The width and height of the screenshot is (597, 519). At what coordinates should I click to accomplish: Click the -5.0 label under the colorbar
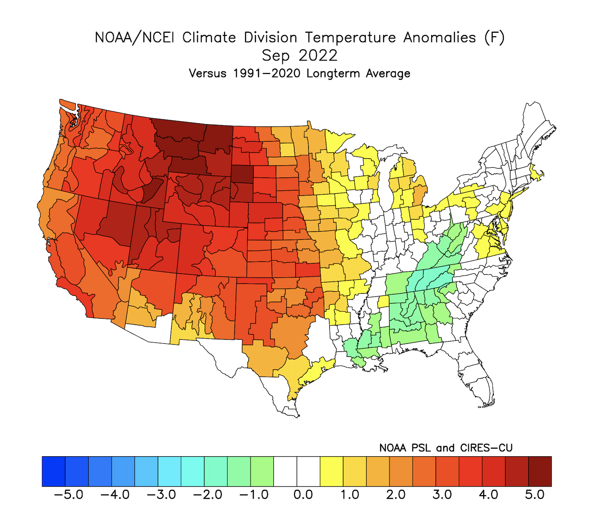click(x=69, y=495)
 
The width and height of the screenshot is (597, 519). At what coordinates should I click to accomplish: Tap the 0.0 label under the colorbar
click(x=303, y=495)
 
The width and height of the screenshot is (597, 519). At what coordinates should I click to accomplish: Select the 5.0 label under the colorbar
click(x=535, y=495)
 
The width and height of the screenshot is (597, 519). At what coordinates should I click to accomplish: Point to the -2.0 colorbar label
click(x=208, y=495)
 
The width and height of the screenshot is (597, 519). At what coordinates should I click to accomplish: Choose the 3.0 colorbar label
click(x=442, y=495)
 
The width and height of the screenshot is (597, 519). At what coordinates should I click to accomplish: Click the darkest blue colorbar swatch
click(x=54, y=471)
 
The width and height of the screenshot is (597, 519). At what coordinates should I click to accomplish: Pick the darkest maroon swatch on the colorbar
click(x=540, y=471)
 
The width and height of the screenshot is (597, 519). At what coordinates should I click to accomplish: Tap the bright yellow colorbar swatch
click(x=332, y=471)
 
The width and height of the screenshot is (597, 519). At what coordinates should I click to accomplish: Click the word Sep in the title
click(x=276, y=56)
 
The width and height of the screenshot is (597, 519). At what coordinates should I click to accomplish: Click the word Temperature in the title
click(x=350, y=38)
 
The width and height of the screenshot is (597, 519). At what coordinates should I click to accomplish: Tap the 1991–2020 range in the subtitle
click(x=267, y=73)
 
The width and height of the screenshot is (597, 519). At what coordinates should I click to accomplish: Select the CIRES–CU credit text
click(x=486, y=448)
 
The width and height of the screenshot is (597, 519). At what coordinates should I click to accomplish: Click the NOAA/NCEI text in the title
click(x=134, y=38)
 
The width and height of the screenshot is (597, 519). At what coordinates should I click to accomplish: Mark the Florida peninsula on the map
click(x=477, y=376)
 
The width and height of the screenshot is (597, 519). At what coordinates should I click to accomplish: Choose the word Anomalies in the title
click(x=439, y=38)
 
